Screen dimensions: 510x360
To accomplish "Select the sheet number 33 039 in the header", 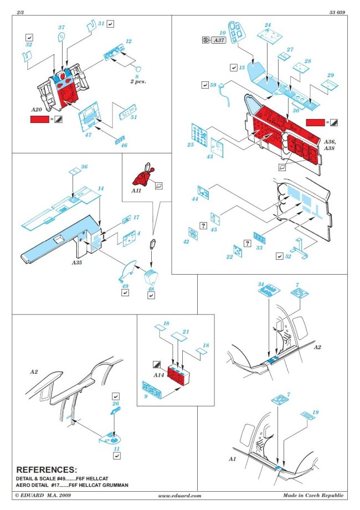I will click(336, 12).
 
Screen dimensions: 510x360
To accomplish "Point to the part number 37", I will click(61, 27).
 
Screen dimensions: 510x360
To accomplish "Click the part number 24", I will click(268, 25).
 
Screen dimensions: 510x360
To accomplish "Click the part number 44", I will click(194, 198).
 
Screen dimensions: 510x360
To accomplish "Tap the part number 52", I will click(289, 256).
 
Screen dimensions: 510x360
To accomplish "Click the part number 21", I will click(186, 332).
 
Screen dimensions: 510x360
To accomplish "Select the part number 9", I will click(145, 397).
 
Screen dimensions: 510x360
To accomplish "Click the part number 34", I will click(261, 285).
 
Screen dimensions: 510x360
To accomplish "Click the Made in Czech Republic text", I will click(313, 496).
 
